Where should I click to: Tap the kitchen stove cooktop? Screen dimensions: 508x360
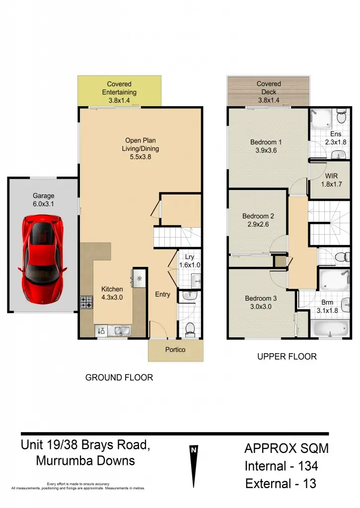(x=86, y=302)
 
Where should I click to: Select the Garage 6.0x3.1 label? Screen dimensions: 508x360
(x=44, y=199)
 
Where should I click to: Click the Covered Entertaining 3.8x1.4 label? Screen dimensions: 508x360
(x=119, y=92)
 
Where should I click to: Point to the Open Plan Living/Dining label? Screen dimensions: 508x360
(x=141, y=149)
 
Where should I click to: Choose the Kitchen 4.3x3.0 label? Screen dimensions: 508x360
(x=112, y=293)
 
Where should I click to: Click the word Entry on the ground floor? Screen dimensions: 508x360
(x=162, y=294)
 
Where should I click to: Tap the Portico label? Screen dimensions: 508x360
(x=175, y=350)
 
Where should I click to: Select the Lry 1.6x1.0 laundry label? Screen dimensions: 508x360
(x=189, y=261)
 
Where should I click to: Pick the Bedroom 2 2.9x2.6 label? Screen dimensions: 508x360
(x=258, y=220)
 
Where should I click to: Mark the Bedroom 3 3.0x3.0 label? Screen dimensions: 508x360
(x=261, y=303)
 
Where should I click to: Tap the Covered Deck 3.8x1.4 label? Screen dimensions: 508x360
(x=269, y=92)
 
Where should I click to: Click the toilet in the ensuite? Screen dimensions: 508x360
(x=341, y=117)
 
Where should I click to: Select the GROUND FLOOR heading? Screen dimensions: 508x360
(x=119, y=378)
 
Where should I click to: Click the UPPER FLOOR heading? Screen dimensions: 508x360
(x=287, y=357)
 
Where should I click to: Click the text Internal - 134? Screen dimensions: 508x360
(x=281, y=466)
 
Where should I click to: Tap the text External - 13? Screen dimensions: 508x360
(x=281, y=484)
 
